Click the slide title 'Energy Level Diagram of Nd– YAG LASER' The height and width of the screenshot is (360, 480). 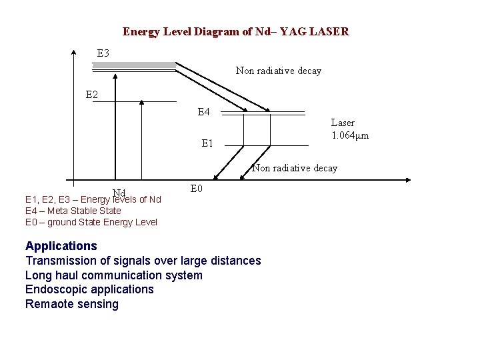(235, 31)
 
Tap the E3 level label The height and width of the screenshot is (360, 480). (103, 53)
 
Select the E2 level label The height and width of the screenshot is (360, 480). (92, 95)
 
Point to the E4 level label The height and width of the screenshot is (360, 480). (204, 111)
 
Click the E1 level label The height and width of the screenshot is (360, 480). (208, 143)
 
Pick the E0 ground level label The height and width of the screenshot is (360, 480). (196, 189)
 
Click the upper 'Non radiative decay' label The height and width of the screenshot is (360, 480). (278, 71)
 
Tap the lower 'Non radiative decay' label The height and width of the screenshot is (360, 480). (294, 168)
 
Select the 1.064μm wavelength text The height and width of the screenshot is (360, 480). (350, 135)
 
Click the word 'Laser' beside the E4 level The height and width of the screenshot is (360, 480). (343, 123)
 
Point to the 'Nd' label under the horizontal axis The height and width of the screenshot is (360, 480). (119, 193)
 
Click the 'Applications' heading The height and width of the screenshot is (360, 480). (61, 246)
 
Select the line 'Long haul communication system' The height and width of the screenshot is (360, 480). (113, 275)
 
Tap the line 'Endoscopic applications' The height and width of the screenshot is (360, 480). (89, 289)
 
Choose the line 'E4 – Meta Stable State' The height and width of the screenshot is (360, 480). (73, 211)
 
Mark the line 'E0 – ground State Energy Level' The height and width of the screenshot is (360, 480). (91, 222)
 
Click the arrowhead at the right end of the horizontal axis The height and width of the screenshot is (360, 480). (407, 180)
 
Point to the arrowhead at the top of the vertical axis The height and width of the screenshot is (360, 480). (73, 51)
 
